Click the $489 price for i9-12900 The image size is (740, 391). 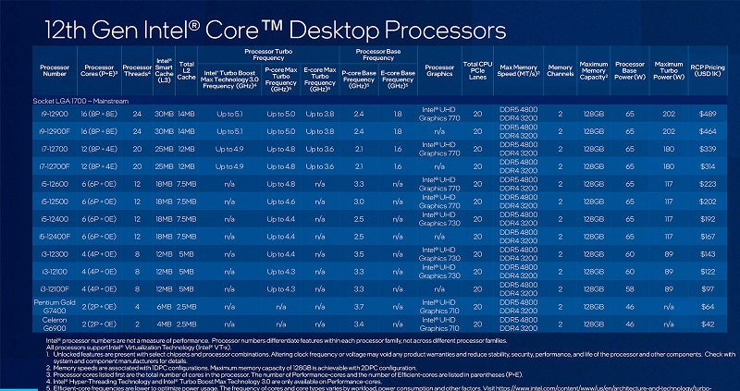[x=709, y=115]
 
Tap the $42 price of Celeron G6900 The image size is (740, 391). [x=709, y=324]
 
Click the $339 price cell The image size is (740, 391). [x=709, y=150]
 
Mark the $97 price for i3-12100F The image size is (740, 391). [x=709, y=288]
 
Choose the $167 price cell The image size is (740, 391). [x=709, y=237]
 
